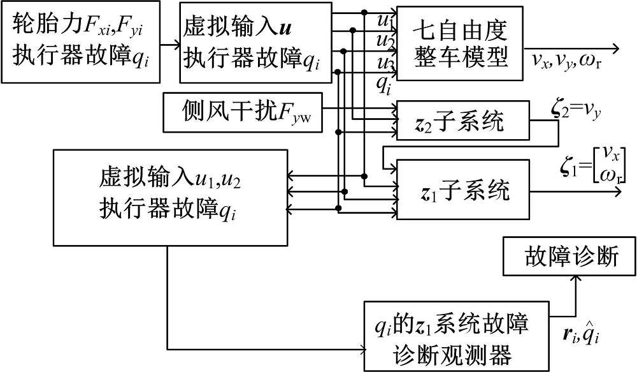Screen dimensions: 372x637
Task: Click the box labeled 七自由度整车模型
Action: pos(459,42)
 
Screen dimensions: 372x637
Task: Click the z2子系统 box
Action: pos(462,121)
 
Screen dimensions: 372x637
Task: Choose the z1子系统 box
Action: pos(462,189)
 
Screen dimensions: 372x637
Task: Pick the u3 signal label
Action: pos(384,63)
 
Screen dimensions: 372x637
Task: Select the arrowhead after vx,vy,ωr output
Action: pos(615,48)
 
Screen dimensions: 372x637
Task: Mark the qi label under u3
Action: pos(383,84)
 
